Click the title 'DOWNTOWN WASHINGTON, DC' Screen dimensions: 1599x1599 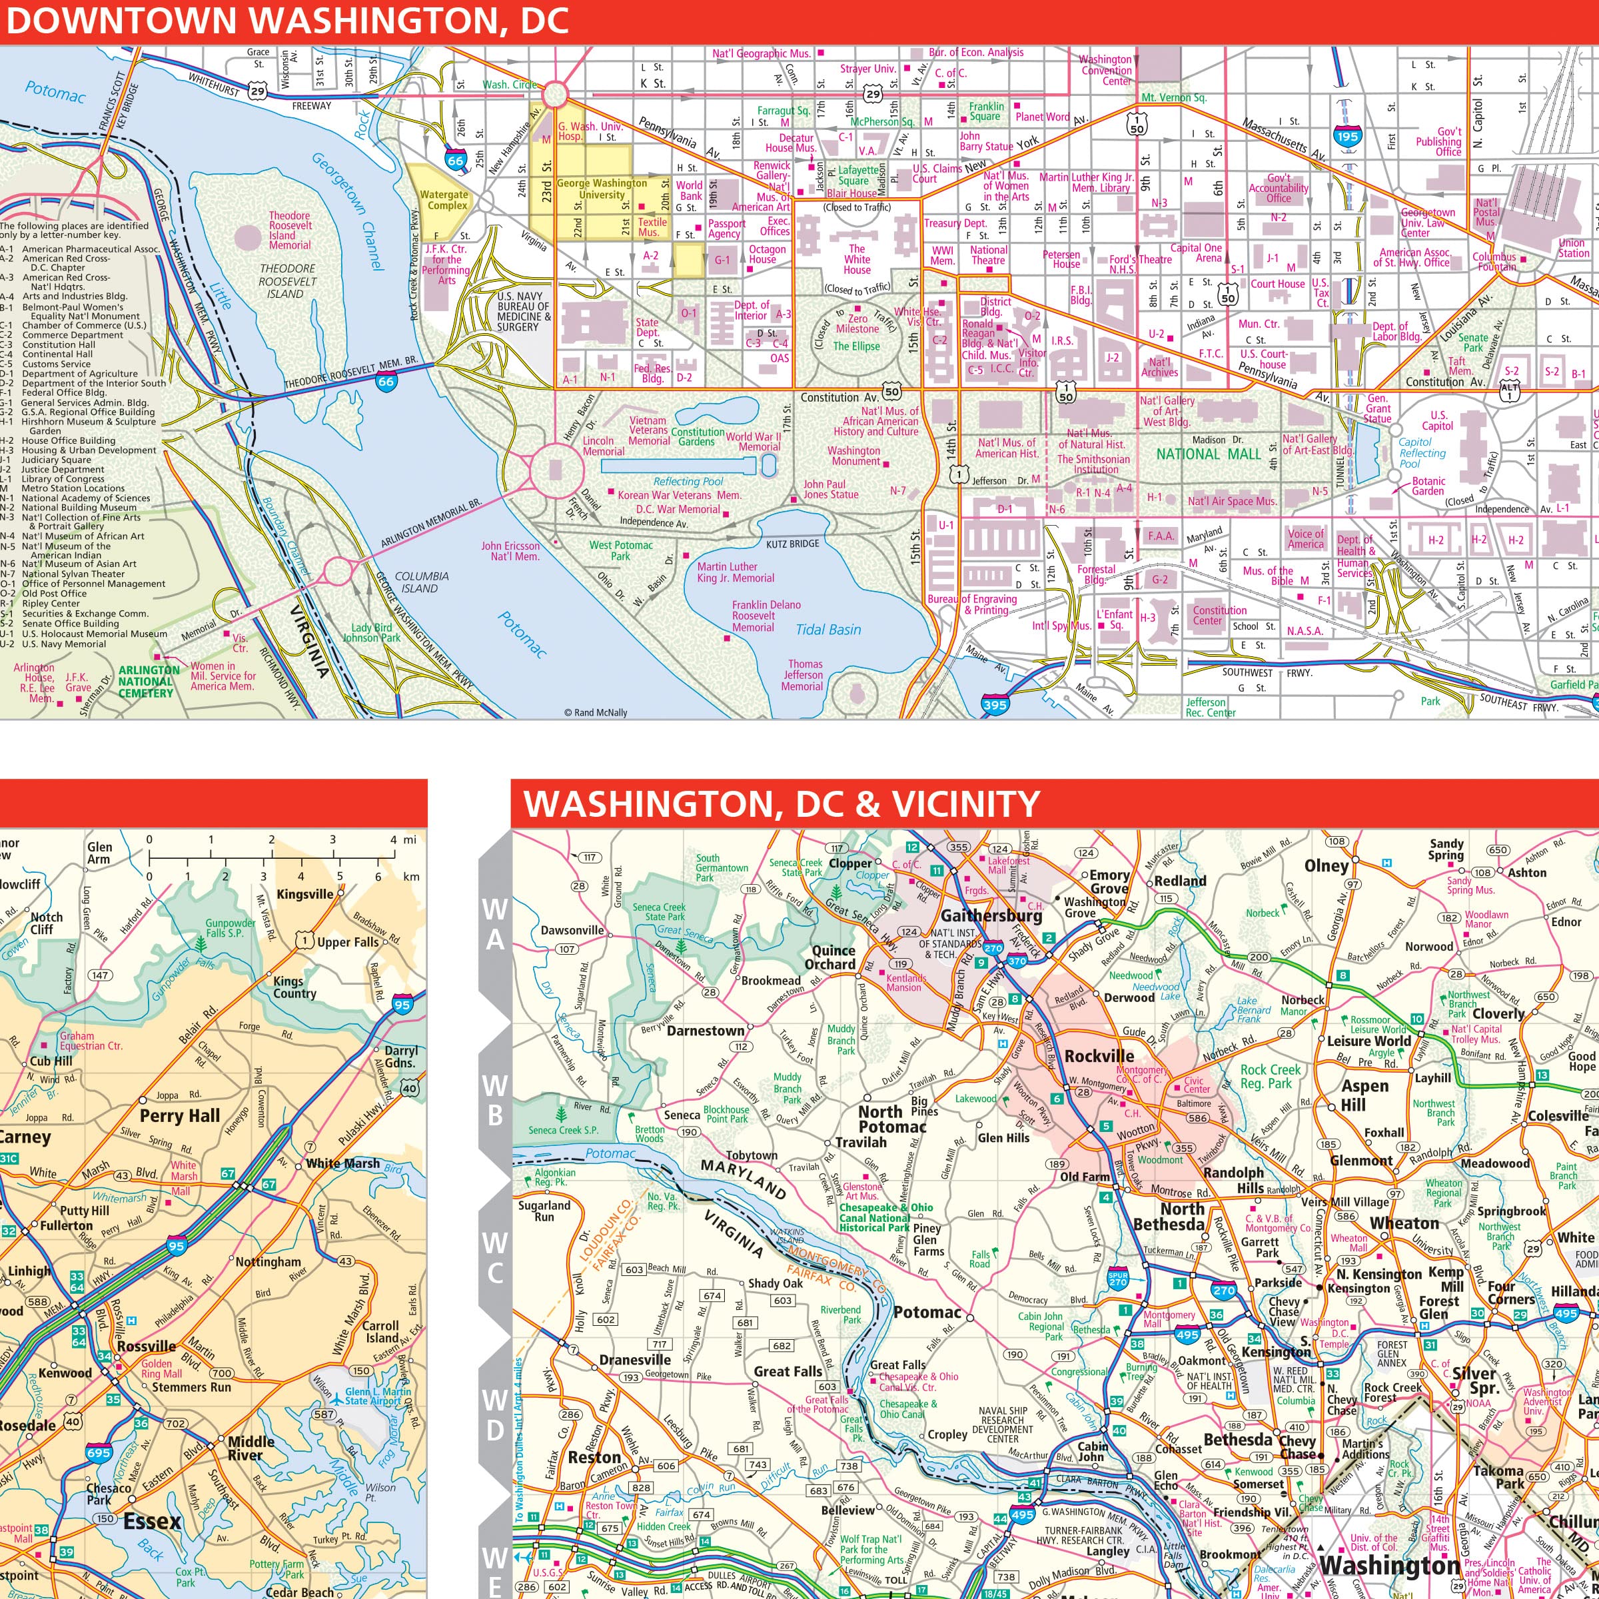tap(286, 21)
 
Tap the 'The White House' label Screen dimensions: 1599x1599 tap(857, 259)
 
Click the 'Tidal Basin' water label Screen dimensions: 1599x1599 tap(827, 630)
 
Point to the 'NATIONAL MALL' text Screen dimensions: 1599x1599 tap(1209, 454)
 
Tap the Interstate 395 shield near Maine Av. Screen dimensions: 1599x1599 tap(995, 705)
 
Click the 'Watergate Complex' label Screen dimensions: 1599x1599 tap(444, 199)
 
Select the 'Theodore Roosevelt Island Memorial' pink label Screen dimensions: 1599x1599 tap(290, 230)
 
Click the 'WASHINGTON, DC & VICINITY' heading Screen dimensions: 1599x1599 tap(782, 803)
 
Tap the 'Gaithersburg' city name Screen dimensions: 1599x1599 tap(991, 916)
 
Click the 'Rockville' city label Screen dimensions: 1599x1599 tap(1099, 1057)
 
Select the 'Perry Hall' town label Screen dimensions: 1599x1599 tap(180, 1116)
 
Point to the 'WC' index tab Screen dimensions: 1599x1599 tap(495, 1257)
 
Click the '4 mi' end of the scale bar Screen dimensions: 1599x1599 tap(394, 839)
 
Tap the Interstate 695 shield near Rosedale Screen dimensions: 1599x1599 tap(98, 1452)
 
